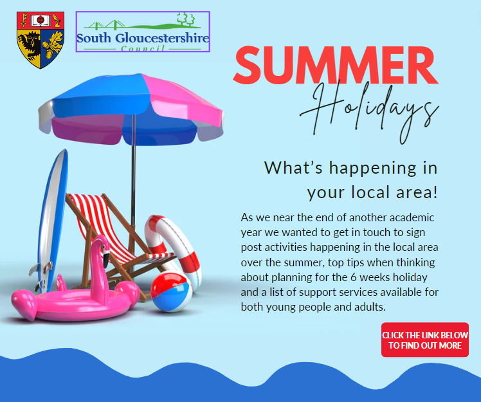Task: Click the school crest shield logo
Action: click(x=41, y=40)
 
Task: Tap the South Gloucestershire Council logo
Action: click(x=143, y=32)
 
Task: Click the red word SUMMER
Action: click(x=336, y=65)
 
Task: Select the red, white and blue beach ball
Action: click(x=171, y=291)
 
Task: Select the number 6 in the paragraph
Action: click(x=353, y=277)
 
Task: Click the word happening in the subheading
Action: click(x=373, y=169)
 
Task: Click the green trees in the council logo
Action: click(x=186, y=19)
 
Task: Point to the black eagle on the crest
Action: click(x=30, y=44)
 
